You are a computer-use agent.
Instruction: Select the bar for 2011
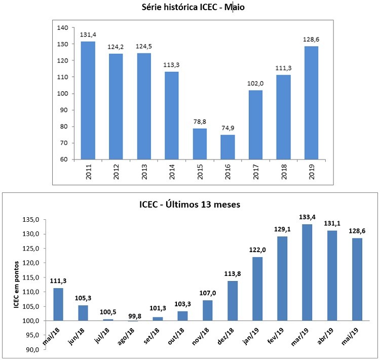coord(88,100)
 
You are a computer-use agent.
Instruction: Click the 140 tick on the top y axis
coord(62,28)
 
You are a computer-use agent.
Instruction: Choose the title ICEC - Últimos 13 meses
coord(190,206)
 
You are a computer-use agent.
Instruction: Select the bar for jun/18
coord(83,313)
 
